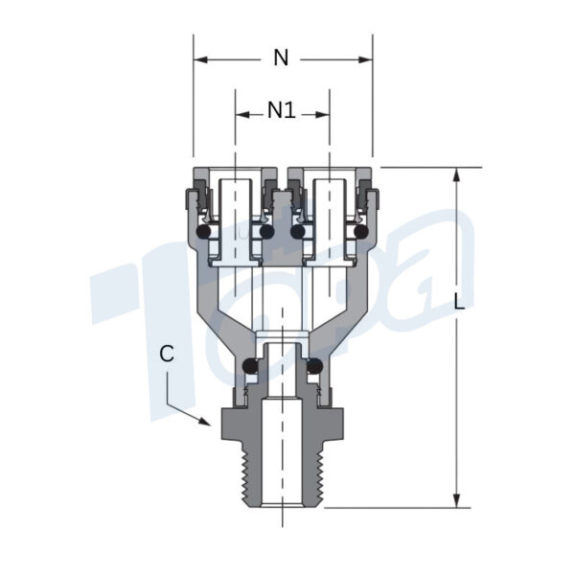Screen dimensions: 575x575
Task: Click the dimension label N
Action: [281, 57]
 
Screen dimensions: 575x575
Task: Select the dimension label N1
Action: [281, 110]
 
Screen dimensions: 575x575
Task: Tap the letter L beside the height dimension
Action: [460, 302]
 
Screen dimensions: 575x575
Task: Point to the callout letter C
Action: [167, 354]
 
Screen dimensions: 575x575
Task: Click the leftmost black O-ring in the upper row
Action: [203, 232]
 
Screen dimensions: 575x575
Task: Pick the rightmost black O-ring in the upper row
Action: [360, 232]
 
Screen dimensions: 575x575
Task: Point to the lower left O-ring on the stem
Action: [250, 365]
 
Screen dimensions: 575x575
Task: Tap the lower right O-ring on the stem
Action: [313, 365]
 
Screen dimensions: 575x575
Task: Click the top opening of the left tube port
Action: [235, 175]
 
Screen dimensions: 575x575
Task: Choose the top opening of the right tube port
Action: [330, 175]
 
